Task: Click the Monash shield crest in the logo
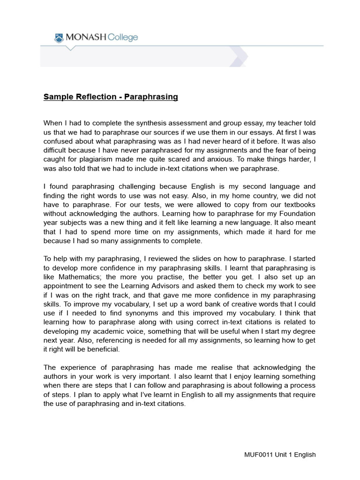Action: pyautogui.click(x=59, y=37)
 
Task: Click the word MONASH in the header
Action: pyautogui.click(x=86, y=37)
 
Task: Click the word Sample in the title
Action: pyautogui.click(x=57, y=97)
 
